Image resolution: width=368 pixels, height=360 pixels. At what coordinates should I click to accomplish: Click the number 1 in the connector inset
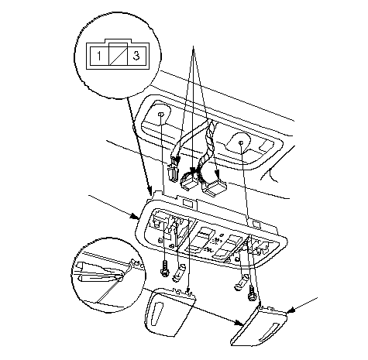[99, 56]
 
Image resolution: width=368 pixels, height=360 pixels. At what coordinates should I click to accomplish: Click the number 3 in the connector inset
[136, 55]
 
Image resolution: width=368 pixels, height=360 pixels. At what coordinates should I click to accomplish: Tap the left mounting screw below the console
[164, 269]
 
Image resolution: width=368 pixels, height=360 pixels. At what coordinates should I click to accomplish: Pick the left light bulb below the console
[179, 273]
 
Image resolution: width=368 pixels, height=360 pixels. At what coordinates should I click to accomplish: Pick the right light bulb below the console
[242, 283]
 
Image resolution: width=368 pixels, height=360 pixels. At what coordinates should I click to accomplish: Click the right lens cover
[259, 326]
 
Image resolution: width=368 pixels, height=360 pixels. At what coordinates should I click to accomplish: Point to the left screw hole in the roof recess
[160, 114]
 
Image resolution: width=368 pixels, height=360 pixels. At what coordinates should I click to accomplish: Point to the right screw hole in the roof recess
[241, 142]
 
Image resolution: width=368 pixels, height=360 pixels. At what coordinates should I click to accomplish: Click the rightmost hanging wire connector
[214, 187]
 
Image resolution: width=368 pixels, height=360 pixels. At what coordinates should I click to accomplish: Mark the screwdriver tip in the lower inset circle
[121, 279]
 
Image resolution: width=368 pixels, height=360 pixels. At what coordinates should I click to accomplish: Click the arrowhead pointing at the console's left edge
[136, 216]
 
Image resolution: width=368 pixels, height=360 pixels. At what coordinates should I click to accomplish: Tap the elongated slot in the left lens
[157, 314]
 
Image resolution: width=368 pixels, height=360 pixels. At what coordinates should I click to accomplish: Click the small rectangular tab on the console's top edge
[189, 203]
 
